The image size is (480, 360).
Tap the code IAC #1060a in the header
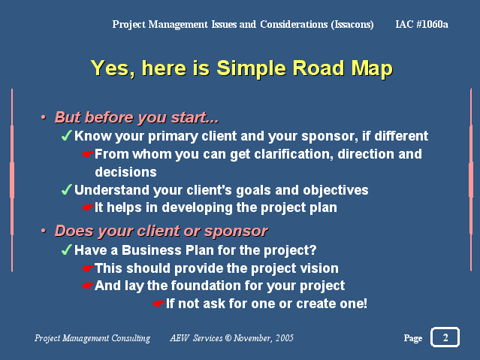coord(421,24)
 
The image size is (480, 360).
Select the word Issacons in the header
coord(352,25)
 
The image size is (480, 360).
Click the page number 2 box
coord(445,337)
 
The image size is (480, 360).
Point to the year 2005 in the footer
coord(285,337)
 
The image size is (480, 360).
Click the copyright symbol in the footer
coord(228,337)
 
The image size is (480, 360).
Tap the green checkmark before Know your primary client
coord(66,135)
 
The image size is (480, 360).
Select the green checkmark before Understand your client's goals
coord(66,189)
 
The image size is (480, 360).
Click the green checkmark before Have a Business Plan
coord(66,250)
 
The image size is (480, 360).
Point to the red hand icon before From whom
coord(88,154)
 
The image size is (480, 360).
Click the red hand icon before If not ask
coord(158,304)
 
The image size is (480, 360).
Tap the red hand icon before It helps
coord(88,207)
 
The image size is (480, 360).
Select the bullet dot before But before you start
coord(44,117)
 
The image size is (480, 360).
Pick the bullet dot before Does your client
coord(44,231)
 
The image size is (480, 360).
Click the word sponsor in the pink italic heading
coord(236,231)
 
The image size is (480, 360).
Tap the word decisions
coord(125,172)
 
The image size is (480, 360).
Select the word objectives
coord(336,191)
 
